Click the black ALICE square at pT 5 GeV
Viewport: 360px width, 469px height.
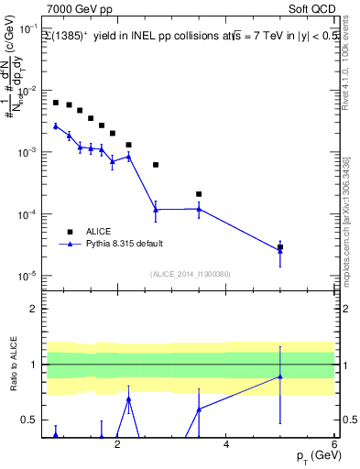tap(280, 247)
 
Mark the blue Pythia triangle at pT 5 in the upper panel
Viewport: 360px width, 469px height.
tap(280, 251)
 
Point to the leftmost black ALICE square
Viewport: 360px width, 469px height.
tap(56, 103)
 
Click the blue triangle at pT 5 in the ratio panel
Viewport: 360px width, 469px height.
tap(280, 376)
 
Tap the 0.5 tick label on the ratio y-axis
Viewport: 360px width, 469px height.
tap(28, 420)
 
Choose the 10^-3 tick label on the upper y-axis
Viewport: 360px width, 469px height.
tap(26, 153)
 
